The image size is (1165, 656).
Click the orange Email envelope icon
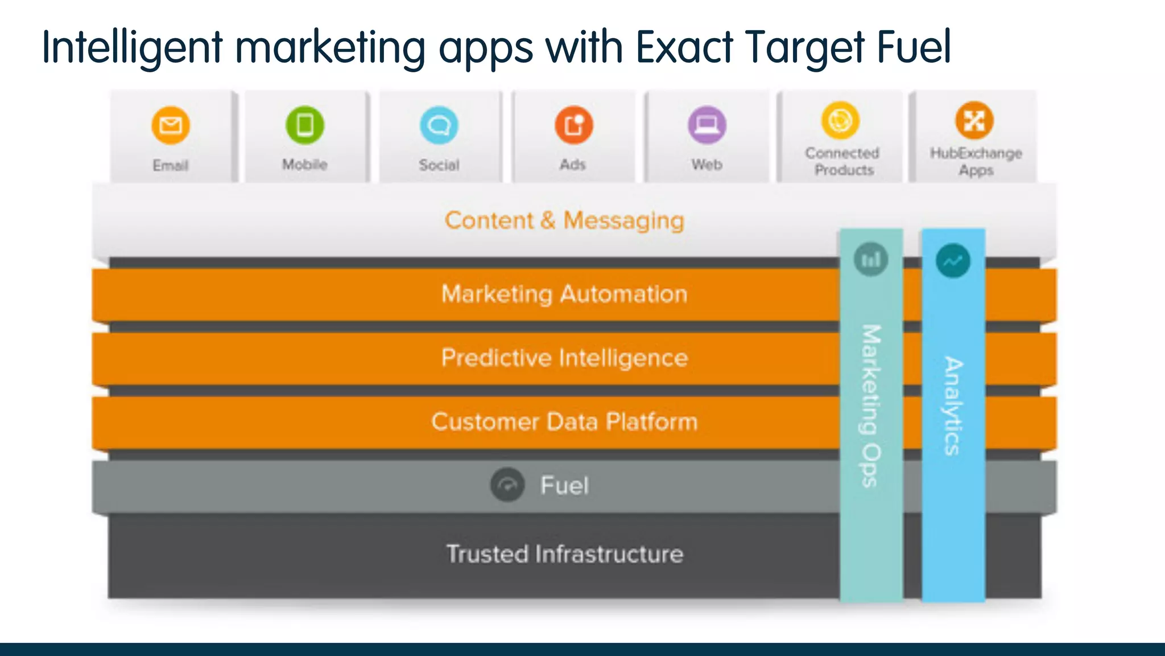[171, 125]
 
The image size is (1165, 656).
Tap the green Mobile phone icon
[305, 125]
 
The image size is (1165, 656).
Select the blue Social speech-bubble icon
[439, 125]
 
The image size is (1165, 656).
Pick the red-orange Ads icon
[573, 125]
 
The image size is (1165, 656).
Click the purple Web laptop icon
[707, 125]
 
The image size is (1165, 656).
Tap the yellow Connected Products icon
[840, 120]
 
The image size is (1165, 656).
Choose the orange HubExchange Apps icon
[974, 120]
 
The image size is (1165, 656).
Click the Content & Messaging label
[564, 220]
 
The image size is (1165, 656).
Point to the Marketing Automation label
[564, 294]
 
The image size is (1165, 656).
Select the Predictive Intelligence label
[564, 358]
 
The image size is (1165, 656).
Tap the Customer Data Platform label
[564, 422]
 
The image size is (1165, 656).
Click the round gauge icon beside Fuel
[507, 485]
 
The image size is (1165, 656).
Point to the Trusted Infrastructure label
[564, 554]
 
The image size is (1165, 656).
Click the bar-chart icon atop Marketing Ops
[871, 260]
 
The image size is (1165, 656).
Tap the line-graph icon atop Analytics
[953, 261]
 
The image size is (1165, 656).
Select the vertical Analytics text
[953, 405]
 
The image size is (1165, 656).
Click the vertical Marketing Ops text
[871, 405]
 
